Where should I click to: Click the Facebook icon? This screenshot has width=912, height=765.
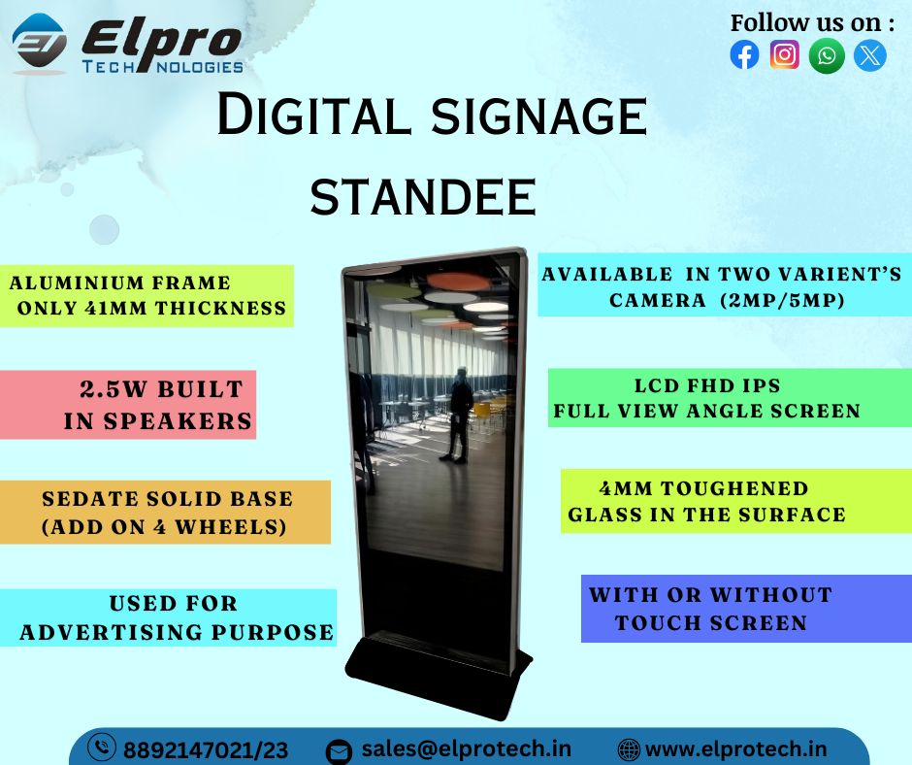744,55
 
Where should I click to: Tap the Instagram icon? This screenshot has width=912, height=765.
785,54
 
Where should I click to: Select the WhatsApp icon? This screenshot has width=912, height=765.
827,55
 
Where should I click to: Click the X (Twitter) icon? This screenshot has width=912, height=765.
869,55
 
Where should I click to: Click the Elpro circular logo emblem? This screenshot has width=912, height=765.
40,44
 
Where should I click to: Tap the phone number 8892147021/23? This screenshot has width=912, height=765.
206,750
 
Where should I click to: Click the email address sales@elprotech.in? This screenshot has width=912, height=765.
466,749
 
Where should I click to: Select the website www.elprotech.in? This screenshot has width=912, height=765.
735,749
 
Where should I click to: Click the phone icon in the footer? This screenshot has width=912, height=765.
102,748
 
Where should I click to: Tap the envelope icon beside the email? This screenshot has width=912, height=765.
338,751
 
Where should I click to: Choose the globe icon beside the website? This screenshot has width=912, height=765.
629,749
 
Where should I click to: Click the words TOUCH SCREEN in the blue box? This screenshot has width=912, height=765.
711,623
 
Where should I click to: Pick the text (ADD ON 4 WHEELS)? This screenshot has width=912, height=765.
165,527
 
